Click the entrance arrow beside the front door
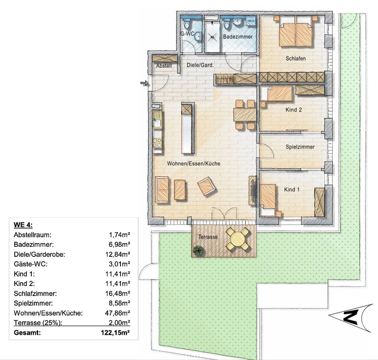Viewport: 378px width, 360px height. [x=144, y=83]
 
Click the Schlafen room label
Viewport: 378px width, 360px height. [x=295, y=59]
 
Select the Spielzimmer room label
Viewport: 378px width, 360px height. [x=300, y=147]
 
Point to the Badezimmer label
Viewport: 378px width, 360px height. [x=238, y=37]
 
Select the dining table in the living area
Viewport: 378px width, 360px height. [x=245, y=114]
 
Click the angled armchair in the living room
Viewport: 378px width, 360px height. [x=206, y=186]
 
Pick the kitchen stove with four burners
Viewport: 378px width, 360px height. [x=157, y=143]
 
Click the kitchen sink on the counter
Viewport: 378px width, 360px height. [x=157, y=123]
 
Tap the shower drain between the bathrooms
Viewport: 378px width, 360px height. [x=212, y=37]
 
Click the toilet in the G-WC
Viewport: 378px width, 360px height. [x=186, y=24]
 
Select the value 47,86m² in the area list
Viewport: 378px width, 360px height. [x=117, y=313]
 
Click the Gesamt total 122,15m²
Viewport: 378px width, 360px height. [x=115, y=333]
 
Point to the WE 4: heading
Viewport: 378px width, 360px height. [x=23, y=225]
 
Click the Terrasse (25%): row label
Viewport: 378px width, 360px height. [x=38, y=323]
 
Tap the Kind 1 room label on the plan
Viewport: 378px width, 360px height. [x=292, y=189]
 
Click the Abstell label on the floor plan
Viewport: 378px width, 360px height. [x=164, y=66]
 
